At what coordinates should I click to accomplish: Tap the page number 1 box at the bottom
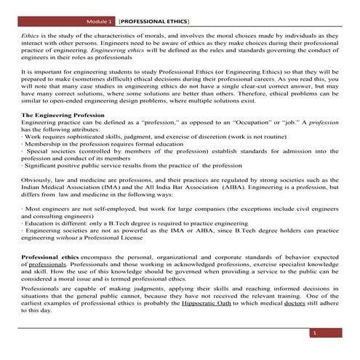315,333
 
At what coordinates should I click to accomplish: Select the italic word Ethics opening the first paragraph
30,34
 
